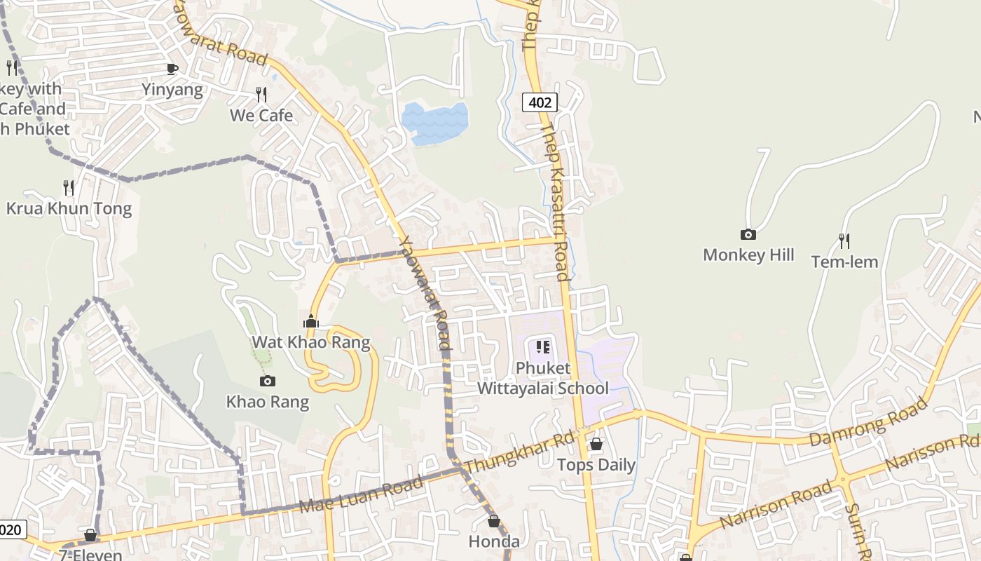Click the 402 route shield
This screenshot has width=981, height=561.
pyautogui.click(x=540, y=102)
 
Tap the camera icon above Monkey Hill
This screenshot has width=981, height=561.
pyautogui.click(x=748, y=235)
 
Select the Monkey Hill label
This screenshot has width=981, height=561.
pyautogui.click(x=748, y=255)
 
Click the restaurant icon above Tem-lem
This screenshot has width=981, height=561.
pyautogui.click(x=844, y=241)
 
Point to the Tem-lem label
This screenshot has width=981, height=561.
pyautogui.click(x=844, y=262)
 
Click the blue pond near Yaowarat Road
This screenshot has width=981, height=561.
pyautogui.click(x=435, y=123)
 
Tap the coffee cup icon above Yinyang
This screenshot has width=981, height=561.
pyautogui.click(x=172, y=69)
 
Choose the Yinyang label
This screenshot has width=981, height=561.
pyautogui.click(x=172, y=90)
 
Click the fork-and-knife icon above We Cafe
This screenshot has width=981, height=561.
pyautogui.click(x=261, y=95)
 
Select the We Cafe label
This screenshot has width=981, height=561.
pyautogui.click(x=261, y=115)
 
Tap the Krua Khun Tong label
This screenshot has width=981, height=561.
pyautogui.click(x=69, y=208)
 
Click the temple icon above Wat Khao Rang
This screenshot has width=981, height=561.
pyautogui.click(x=311, y=322)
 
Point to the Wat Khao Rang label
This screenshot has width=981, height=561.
pyautogui.click(x=311, y=342)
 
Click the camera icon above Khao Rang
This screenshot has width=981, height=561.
pyautogui.click(x=267, y=381)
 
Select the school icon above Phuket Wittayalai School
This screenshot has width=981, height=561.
pyautogui.click(x=543, y=347)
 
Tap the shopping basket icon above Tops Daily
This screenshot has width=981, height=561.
pyautogui.click(x=596, y=444)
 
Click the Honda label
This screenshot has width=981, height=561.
pyautogui.click(x=494, y=541)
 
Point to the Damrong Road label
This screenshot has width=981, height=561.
pyautogui.click(x=869, y=422)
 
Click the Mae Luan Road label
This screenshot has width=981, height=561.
pyautogui.click(x=361, y=494)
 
